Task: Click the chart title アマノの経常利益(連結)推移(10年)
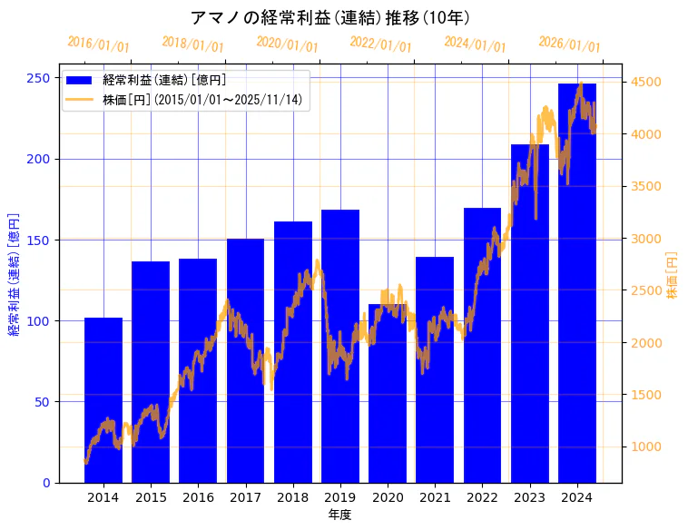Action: click(330, 17)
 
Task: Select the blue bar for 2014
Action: click(103, 399)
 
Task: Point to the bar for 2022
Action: click(482, 345)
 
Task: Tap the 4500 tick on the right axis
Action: click(647, 83)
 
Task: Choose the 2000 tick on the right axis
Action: click(647, 343)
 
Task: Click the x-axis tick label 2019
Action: click(340, 497)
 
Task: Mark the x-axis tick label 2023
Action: click(530, 497)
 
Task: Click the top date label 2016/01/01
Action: click(98, 44)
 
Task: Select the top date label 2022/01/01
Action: click(380, 44)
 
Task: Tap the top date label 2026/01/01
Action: click(569, 44)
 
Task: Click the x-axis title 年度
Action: click(340, 515)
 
